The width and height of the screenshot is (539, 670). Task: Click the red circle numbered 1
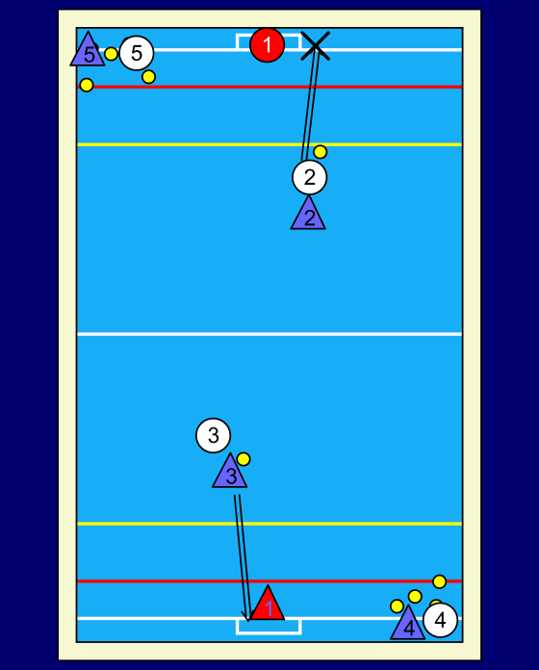tap(267, 45)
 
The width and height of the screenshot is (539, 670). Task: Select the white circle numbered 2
tap(310, 177)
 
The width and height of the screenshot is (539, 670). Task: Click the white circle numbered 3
tap(213, 435)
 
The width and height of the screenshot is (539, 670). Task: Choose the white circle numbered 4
tap(440, 620)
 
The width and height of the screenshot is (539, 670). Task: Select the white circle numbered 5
tap(137, 53)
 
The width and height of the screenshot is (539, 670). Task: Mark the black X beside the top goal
tap(315, 45)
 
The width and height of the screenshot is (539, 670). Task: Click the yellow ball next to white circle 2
tap(321, 152)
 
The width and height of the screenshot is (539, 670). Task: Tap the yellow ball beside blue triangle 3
tap(244, 459)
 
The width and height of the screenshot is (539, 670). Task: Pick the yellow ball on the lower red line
tap(440, 581)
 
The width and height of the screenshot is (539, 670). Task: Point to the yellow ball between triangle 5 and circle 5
tap(111, 54)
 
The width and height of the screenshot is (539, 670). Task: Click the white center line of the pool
tap(269, 334)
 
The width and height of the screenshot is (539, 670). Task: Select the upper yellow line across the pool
tap(269, 144)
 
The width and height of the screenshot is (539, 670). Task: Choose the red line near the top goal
tap(269, 87)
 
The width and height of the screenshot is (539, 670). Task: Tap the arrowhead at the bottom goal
tap(246, 618)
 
